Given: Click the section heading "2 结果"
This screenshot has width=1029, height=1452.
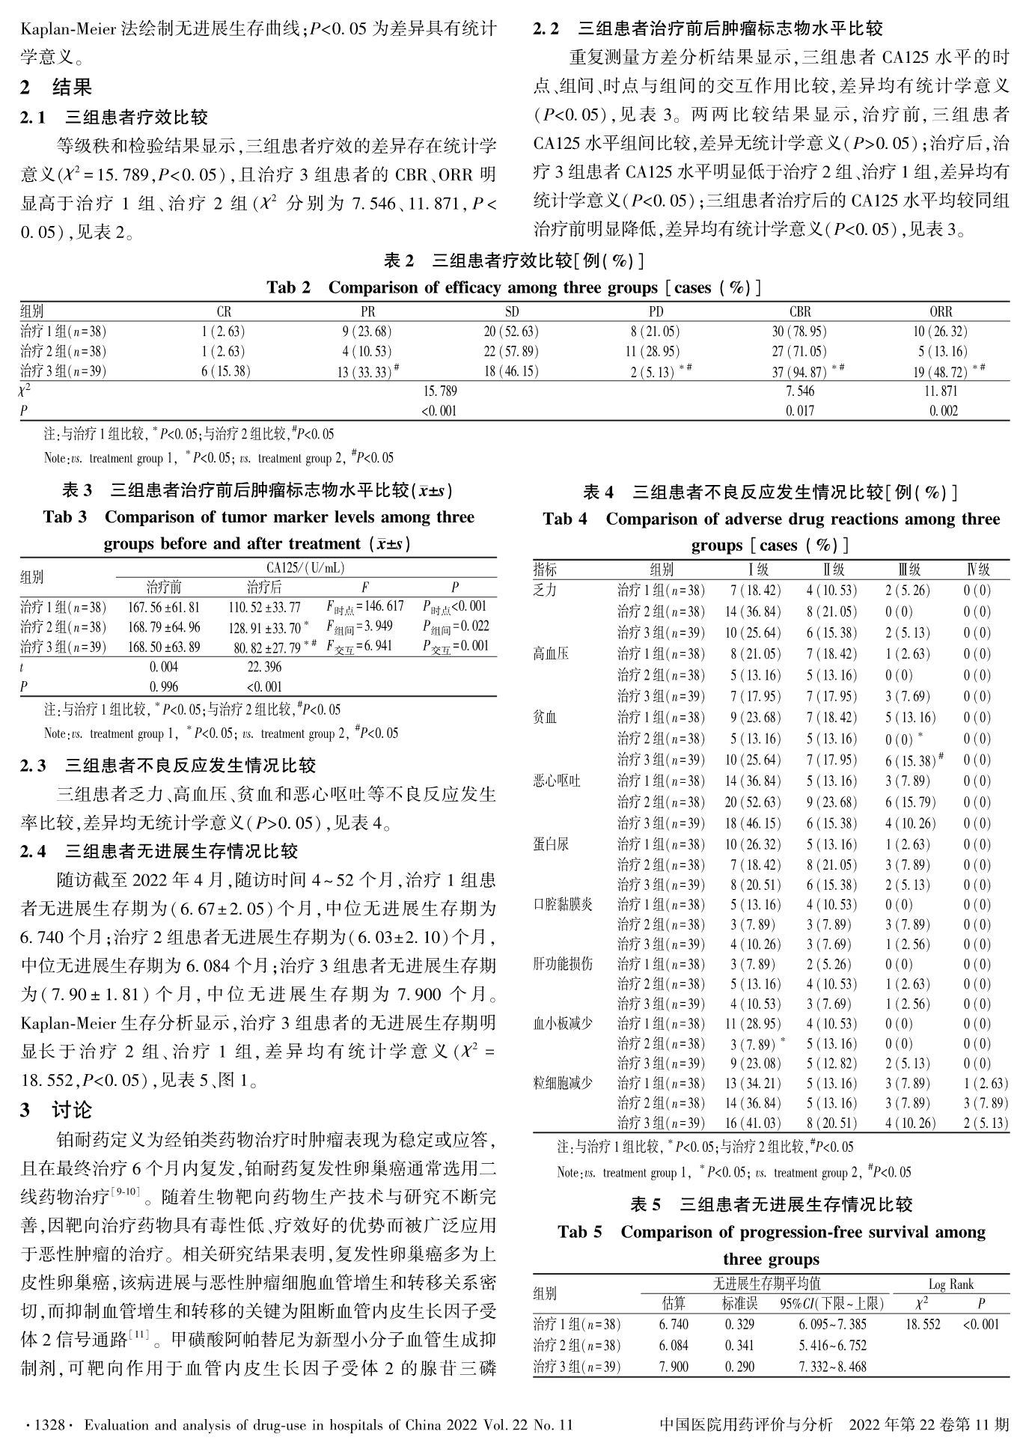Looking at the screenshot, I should click(x=56, y=88).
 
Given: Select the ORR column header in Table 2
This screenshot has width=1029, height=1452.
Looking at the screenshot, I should click(x=941, y=311).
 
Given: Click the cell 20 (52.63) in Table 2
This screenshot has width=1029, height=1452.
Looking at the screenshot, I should click(x=511, y=332).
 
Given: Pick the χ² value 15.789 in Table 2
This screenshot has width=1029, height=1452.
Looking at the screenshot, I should click(x=440, y=391).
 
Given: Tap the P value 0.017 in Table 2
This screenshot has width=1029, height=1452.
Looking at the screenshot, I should click(x=800, y=411).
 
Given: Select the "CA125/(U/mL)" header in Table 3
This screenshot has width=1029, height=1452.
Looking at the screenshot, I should click(x=305, y=569).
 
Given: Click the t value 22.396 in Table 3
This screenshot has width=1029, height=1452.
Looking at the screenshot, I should click(x=264, y=666).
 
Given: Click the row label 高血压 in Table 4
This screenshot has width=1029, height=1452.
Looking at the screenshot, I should click(x=551, y=654).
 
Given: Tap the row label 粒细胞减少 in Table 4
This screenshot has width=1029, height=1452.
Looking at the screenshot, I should click(x=563, y=1083).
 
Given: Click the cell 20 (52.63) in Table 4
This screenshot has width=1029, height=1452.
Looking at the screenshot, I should click(x=752, y=802).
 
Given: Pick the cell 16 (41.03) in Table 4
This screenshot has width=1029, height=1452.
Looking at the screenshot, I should click(x=752, y=1123).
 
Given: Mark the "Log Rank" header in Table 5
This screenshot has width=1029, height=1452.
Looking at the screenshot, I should click(x=950, y=1284).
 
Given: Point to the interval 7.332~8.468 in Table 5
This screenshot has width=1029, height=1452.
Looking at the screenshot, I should click(x=832, y=1367).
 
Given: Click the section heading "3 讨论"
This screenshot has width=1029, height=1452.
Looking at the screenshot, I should click(x=56, y=1110).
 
